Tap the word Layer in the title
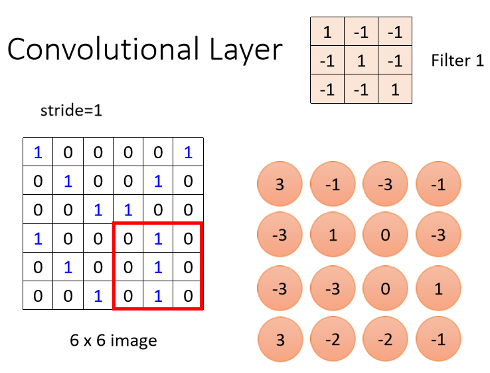240,51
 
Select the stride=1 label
72,110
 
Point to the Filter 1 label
457,61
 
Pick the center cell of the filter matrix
361,61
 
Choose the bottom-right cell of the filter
395,90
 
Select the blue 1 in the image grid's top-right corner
188,153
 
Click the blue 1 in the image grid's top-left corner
38,153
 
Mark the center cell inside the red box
158,267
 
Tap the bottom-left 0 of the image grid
38,296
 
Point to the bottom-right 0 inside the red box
188,296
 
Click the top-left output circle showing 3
280,184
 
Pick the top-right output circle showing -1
438,184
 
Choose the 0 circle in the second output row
385,236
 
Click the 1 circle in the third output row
438,289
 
